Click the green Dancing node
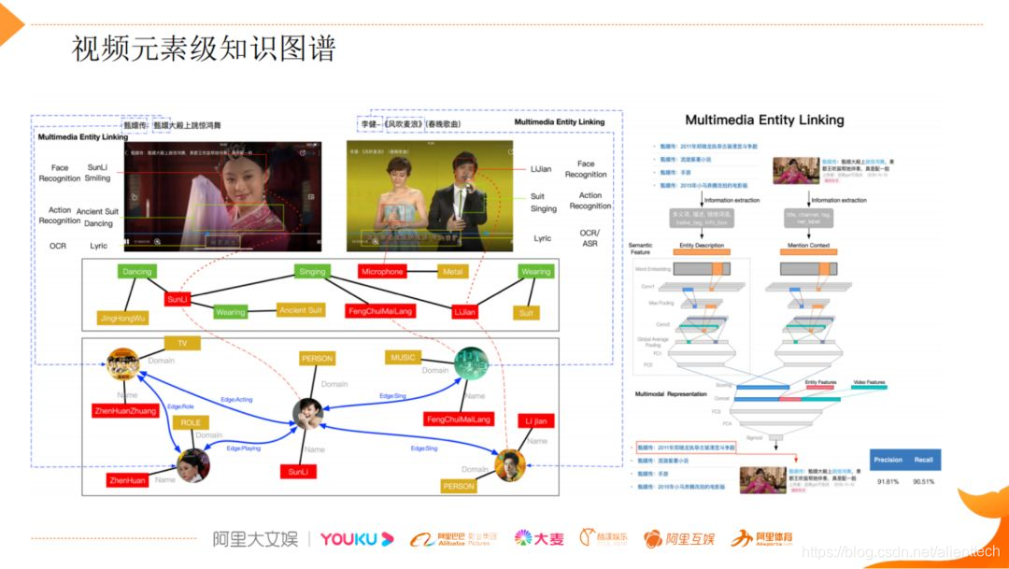coord(137,272)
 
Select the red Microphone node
coord(382,272)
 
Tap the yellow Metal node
coord(453,272)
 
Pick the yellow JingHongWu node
coord(123,318)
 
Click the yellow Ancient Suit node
coord(302,310)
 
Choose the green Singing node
coord(312,272)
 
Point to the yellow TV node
coord(182,343)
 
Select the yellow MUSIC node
coord(404,357)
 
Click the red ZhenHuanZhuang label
coord(124,410)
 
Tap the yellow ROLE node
coord(191,422)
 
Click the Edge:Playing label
coord(243,448)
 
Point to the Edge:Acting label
coord(236,399)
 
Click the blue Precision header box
coord(888,460)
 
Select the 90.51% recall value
coord(923,482)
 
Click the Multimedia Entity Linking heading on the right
coord(764,120)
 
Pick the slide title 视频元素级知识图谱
coord(204,49)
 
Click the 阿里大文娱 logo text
coord(254,539)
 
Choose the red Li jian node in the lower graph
coord(535,422)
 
